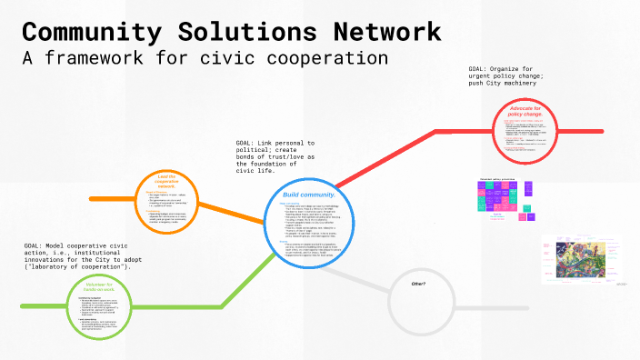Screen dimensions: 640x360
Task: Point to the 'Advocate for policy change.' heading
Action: pyautogui.click(x=526, y=112)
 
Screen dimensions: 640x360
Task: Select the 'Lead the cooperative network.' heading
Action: pyautogui.click(x=165, y=180)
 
